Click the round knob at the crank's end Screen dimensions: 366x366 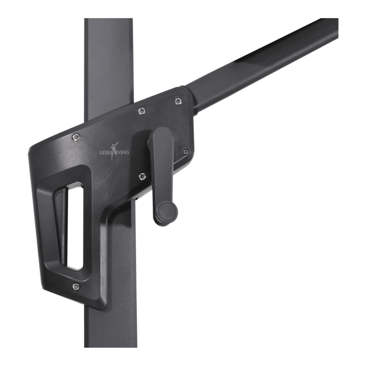(x=167, y=211)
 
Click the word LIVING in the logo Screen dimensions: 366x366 (x=122, y=152)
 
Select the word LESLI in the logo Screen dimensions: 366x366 (x=105, y=153)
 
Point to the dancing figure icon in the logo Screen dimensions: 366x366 (x=115, y=152)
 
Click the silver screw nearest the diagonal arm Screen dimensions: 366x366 (x=178, y=101)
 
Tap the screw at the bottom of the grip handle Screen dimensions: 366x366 (x=75, y=287)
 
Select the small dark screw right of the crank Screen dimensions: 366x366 (x=186, y=152)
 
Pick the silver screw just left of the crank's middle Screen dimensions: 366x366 (x=142, y=176)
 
